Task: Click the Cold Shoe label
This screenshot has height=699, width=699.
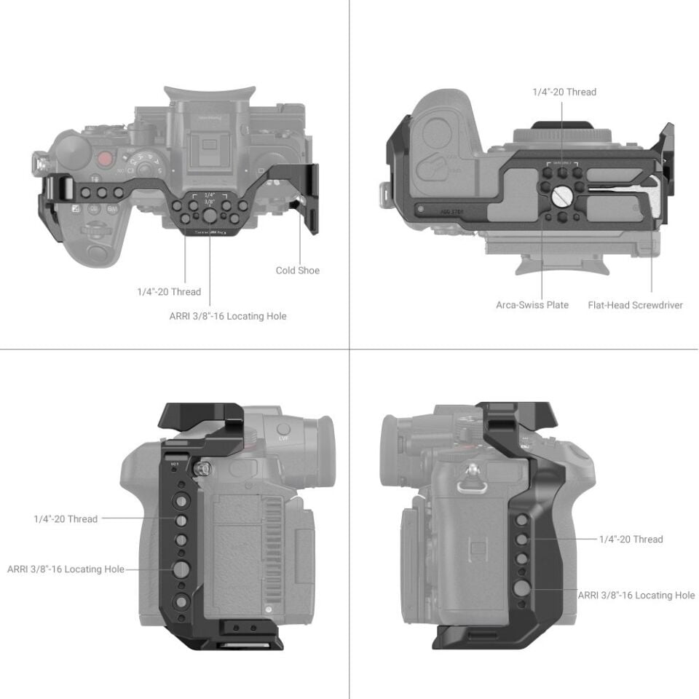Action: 297,271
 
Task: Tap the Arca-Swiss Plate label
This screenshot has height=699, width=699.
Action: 532,305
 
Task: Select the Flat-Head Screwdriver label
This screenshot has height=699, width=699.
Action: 635,305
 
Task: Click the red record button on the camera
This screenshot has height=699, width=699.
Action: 106,159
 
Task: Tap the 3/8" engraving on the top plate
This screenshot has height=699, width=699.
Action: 210,203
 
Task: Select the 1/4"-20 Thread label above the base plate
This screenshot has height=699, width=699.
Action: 563,92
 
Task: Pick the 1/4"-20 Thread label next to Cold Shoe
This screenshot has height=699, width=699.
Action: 169,292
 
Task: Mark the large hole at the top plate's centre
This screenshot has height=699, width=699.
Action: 209,217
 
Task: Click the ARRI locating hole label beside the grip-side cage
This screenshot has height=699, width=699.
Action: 636,595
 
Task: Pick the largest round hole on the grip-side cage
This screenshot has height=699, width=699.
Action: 521,589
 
